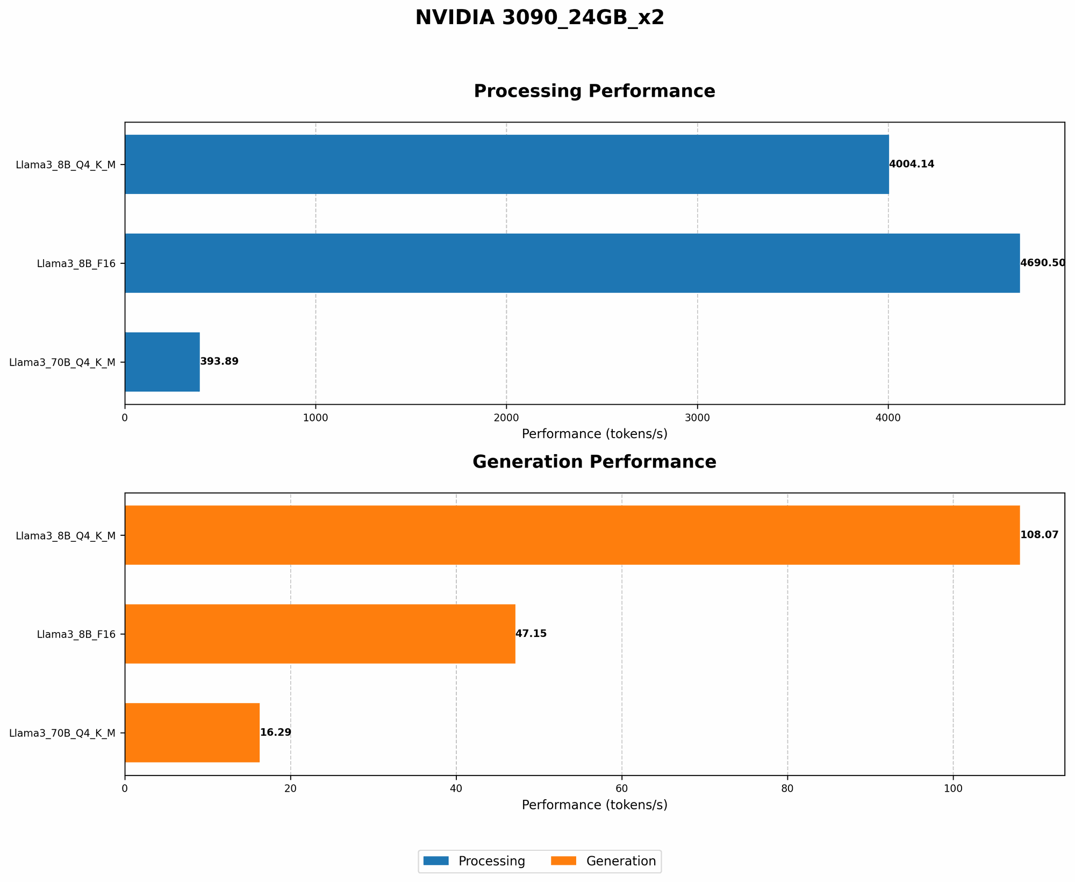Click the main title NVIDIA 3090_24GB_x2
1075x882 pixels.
tap(540, 18)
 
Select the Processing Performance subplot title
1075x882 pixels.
tap(594, 91)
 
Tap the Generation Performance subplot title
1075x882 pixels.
tap(594, 462)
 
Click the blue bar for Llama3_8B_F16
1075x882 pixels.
tap(572, 263)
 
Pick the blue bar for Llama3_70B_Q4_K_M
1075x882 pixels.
tap(162, 362)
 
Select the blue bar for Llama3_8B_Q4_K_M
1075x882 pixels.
tap(506, 164)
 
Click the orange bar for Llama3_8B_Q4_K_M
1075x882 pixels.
tap(572, 535)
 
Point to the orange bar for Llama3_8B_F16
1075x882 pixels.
tap(320, 634)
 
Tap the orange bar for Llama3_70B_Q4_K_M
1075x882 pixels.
tap(192, 733)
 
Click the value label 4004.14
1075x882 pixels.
tap(912, 164)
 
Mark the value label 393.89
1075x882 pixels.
tap(219, 362)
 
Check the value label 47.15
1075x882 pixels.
tap(531, 634)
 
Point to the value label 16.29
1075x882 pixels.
tap(276, 733)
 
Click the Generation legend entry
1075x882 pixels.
tap(621, 862)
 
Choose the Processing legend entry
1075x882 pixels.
tap(491, 862)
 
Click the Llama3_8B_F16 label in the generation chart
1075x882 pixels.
tap(76, 634)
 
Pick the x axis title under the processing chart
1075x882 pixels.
tap(594, 434)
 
